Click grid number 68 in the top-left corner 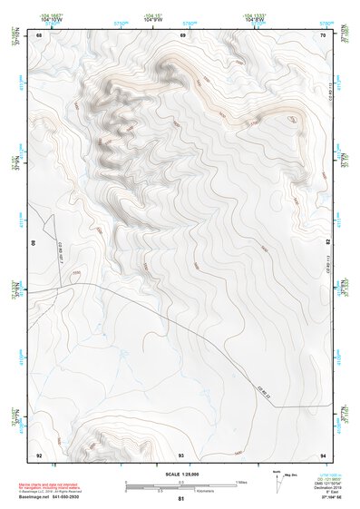40,35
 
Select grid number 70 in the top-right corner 323,35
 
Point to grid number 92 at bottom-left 39,455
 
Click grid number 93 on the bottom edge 181,455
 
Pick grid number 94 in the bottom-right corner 323,455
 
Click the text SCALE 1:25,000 181,474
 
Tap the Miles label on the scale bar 242,481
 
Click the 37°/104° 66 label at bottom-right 324,498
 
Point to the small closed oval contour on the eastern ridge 290,118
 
